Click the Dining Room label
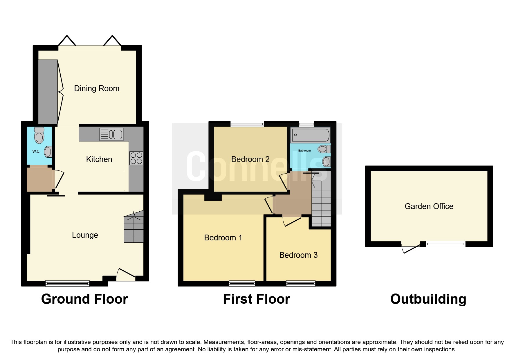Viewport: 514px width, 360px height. click(97, 89)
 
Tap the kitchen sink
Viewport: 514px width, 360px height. click(111, 134)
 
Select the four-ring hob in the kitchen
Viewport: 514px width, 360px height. click(136, 158)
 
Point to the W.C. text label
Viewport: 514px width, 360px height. click(36, 151)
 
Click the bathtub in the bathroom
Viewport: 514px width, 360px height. click(310, 135)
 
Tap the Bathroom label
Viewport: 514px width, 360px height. click(304, 151)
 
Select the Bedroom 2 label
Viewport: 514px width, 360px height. click(250, 159)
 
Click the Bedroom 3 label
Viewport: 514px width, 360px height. click(298, 255)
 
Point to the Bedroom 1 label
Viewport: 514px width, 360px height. click(223, 237)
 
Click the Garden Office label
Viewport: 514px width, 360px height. click(429, 206)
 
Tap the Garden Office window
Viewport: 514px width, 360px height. click(445, 244)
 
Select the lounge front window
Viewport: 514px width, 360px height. click(67, 283)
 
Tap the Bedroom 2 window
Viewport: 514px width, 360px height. click(247, 124)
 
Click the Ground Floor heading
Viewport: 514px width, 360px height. click(84, 299)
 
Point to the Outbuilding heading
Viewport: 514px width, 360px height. click(428, 299)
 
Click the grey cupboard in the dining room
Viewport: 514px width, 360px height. click(48, 91)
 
